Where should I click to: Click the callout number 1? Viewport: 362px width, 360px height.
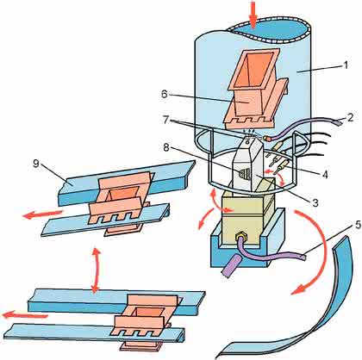pyautogui.click(x=345, y=65)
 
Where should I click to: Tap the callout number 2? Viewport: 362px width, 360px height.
pyautogui.click(x=350, y=117)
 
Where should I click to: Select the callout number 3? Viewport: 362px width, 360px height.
pyautogui.click(x=315, y=202)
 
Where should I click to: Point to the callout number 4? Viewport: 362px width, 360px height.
pyautogui.click(x=324, y=174)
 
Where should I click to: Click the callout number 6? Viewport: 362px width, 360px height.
pyautogui.click(x=165, y=94)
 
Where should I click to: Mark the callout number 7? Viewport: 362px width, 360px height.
pyautogui.click(x=165, y=120)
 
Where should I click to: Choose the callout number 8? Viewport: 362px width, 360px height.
pyautogui.click(x=165, y=148)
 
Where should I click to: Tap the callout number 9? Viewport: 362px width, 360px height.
pyautogui.click(x=35, y=164)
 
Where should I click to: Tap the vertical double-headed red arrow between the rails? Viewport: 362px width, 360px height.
pyautogui.click(x=97, y=271)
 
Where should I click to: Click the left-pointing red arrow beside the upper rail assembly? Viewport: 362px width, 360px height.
pyautogui.click(x=42, y=214)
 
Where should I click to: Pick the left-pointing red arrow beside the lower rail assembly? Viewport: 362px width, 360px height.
pyautogui.click(x=25, y=315)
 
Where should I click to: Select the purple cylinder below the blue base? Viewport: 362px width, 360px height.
pyautogui.click(x=231, y=265)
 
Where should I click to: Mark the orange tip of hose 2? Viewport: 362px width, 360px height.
pyautogui.click(x=268, y=139)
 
